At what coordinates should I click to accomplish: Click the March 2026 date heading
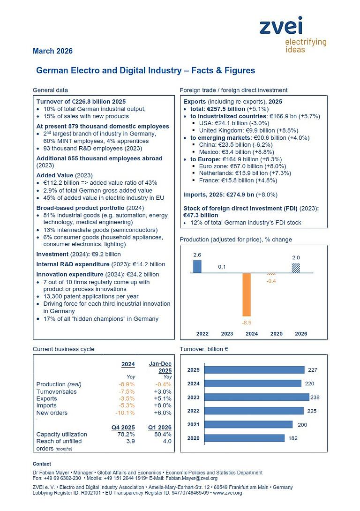52,51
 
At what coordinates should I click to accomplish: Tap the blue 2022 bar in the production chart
197,266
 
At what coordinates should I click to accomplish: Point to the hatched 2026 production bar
296,268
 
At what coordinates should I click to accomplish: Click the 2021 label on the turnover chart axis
193,424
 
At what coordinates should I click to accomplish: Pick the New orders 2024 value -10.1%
125,413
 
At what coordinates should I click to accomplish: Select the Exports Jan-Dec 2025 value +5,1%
163,398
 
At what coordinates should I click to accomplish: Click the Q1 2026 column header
160,428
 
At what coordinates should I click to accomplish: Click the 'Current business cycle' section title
63,349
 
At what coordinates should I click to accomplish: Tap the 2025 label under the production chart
277,334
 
